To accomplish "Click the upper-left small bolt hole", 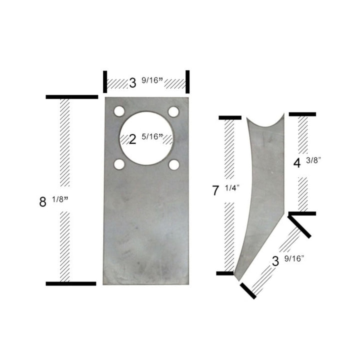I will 118,111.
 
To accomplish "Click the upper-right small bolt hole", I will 173,111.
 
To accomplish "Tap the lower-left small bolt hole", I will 118,163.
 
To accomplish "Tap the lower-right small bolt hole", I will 173,163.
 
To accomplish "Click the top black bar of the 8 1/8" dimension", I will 71,96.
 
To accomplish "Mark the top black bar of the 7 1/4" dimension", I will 230,118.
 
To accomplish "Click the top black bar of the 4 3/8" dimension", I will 302,114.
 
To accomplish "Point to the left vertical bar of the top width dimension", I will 105,81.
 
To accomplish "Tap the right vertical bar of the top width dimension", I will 187,81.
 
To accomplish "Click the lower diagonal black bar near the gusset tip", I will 248,290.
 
